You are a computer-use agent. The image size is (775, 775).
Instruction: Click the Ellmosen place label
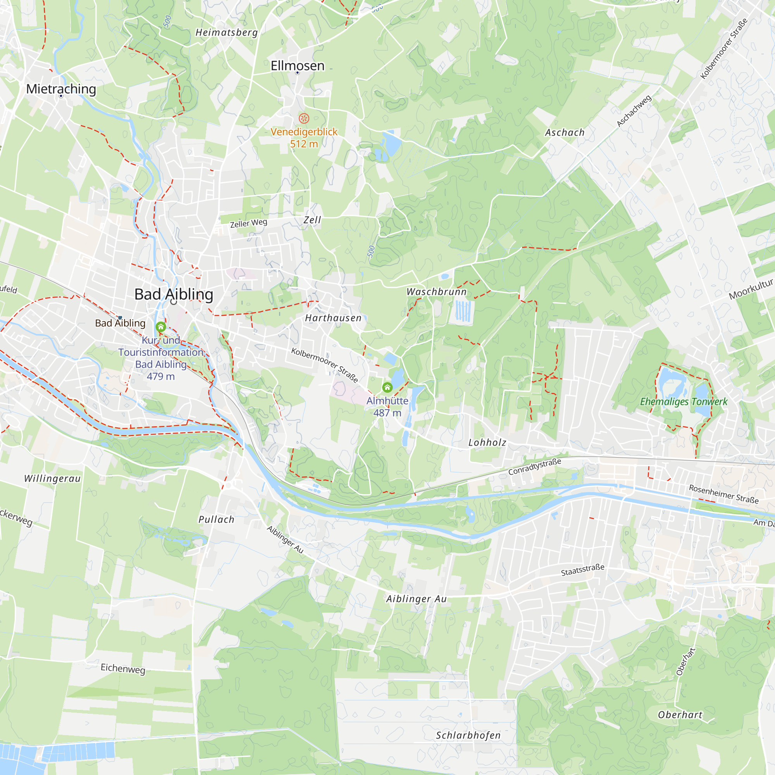pos(297,66)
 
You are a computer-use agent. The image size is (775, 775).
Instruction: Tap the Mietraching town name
pos(61,89)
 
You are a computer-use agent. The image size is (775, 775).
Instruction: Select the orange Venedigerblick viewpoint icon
pos(304,118)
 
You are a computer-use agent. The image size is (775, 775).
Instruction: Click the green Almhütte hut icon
pos(387,387)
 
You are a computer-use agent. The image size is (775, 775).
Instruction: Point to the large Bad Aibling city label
pos(174,294)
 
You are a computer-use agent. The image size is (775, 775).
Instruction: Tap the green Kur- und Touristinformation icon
pos(161,327)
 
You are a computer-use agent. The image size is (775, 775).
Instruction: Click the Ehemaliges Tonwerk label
pos(683,401)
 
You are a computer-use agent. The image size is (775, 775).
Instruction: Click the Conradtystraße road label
pos(534,467)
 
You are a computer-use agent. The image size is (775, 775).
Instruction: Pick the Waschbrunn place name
pos(436,292)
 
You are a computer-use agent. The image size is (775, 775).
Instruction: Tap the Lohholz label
pos(487,443)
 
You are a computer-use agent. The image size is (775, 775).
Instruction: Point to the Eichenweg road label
pos(123,668)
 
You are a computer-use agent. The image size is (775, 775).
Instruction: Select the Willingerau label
pos(52,478)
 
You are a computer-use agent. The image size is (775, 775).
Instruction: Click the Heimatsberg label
pos(227,33)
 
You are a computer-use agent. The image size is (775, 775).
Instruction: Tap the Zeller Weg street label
pos(248,223)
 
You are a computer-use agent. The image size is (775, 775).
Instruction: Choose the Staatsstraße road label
pos(582,570)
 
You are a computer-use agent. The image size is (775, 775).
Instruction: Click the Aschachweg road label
pos(634,111)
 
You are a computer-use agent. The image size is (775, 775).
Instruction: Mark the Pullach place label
pos(216,520)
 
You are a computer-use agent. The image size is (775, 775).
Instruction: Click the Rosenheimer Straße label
pos(723,494)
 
